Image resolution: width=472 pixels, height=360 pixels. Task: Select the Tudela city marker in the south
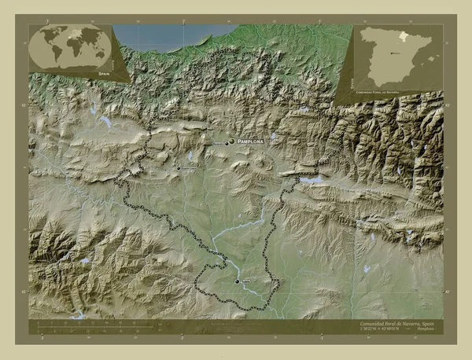pos(238,281)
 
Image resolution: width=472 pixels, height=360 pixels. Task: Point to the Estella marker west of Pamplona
pos(179,167)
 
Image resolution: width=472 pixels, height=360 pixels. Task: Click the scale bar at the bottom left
pos(94,325)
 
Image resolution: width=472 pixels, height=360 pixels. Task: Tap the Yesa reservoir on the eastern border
pos(312,180)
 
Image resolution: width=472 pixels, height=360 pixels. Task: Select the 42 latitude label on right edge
pos(447,291)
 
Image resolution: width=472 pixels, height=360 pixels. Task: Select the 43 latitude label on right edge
pos(447,103)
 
